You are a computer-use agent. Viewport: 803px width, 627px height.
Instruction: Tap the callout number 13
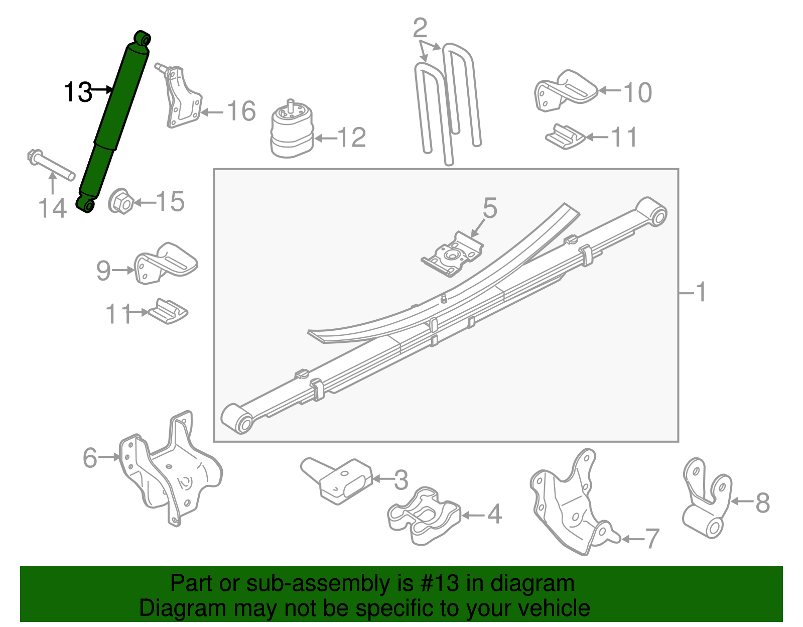point(78,92)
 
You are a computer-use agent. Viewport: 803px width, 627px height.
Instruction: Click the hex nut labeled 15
point(120,202)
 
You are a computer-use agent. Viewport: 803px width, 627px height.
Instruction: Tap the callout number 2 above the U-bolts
point(420,29)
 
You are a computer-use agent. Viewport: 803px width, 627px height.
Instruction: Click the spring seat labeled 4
point(424,515)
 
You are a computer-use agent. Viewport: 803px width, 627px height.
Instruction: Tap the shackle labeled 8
point(705,499)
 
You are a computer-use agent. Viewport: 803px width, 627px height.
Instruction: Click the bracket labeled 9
point(163,263)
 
